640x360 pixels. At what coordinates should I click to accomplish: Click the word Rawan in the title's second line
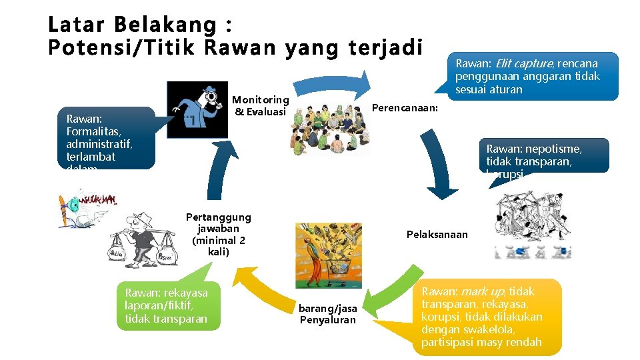click(x=236, y=49)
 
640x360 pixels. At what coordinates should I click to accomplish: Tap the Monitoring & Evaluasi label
click(x=261, y=106)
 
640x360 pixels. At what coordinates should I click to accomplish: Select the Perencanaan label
click(x=405, y=107)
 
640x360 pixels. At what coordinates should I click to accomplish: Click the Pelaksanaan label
click(x=437, y=235)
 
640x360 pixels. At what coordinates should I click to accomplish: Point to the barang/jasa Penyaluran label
click(x=328, y=314)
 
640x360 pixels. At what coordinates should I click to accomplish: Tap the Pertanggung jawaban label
click(x=219, y=234)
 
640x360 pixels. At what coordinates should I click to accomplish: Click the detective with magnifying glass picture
click(x=197, y=110)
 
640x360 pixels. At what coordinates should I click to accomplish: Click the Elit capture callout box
click(x=531, y=76)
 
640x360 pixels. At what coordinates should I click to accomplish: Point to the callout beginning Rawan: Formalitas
click(x=106, y=141)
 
